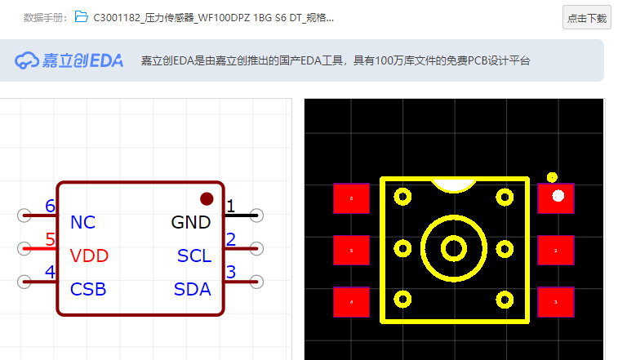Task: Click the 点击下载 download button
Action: [586, 17]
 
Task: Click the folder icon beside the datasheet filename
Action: [81, 16]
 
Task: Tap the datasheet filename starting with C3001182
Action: [212, 17]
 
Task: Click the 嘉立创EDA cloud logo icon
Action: [27, 60]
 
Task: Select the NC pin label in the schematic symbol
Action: [82, 222]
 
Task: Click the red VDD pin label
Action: [89, 256]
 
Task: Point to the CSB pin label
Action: [88, 289]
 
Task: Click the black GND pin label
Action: [191, 222]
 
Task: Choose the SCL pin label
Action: [194, 256]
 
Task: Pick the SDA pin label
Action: [193, 289]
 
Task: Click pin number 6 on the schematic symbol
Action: [50, 207]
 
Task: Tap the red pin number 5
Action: [50, 240]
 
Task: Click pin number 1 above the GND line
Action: [230, 207]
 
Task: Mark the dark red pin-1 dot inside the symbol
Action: [207, 198]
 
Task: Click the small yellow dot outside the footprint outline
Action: [552, 177]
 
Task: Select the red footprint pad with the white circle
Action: [556, 198]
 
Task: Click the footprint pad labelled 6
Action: [351, 198]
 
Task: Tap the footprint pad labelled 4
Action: [351, 302]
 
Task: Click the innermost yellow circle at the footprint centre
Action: [453, 247]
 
